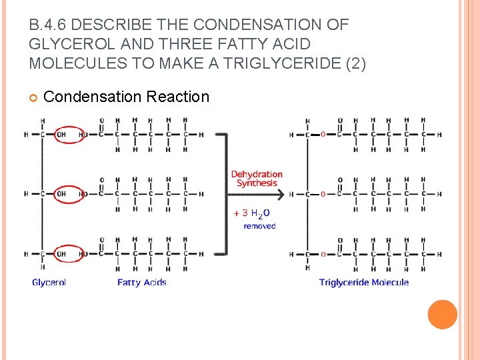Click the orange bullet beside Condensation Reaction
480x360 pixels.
click(x=33, y=97)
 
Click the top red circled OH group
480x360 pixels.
click(x=69, y=135)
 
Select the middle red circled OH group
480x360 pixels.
click(x=69, y=194)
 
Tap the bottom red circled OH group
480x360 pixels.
click(x=69, y=254)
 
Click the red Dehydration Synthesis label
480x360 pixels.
click(x=257, y=179)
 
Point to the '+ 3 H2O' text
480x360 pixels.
click(x=251, y=213)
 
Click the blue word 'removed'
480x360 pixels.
click(x=259, y=227)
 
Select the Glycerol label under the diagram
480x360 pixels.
click(x=49, y=283)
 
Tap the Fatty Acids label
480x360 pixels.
click(x=141, y=283)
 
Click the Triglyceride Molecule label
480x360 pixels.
click(x=363, y=283)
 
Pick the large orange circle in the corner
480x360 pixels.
click(x=442, y=314)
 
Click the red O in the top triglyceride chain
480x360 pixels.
click(x=323, y=135)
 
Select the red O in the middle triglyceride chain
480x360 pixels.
click(x=323, y=195)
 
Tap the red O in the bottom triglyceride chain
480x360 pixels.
click(x=323, y=254)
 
